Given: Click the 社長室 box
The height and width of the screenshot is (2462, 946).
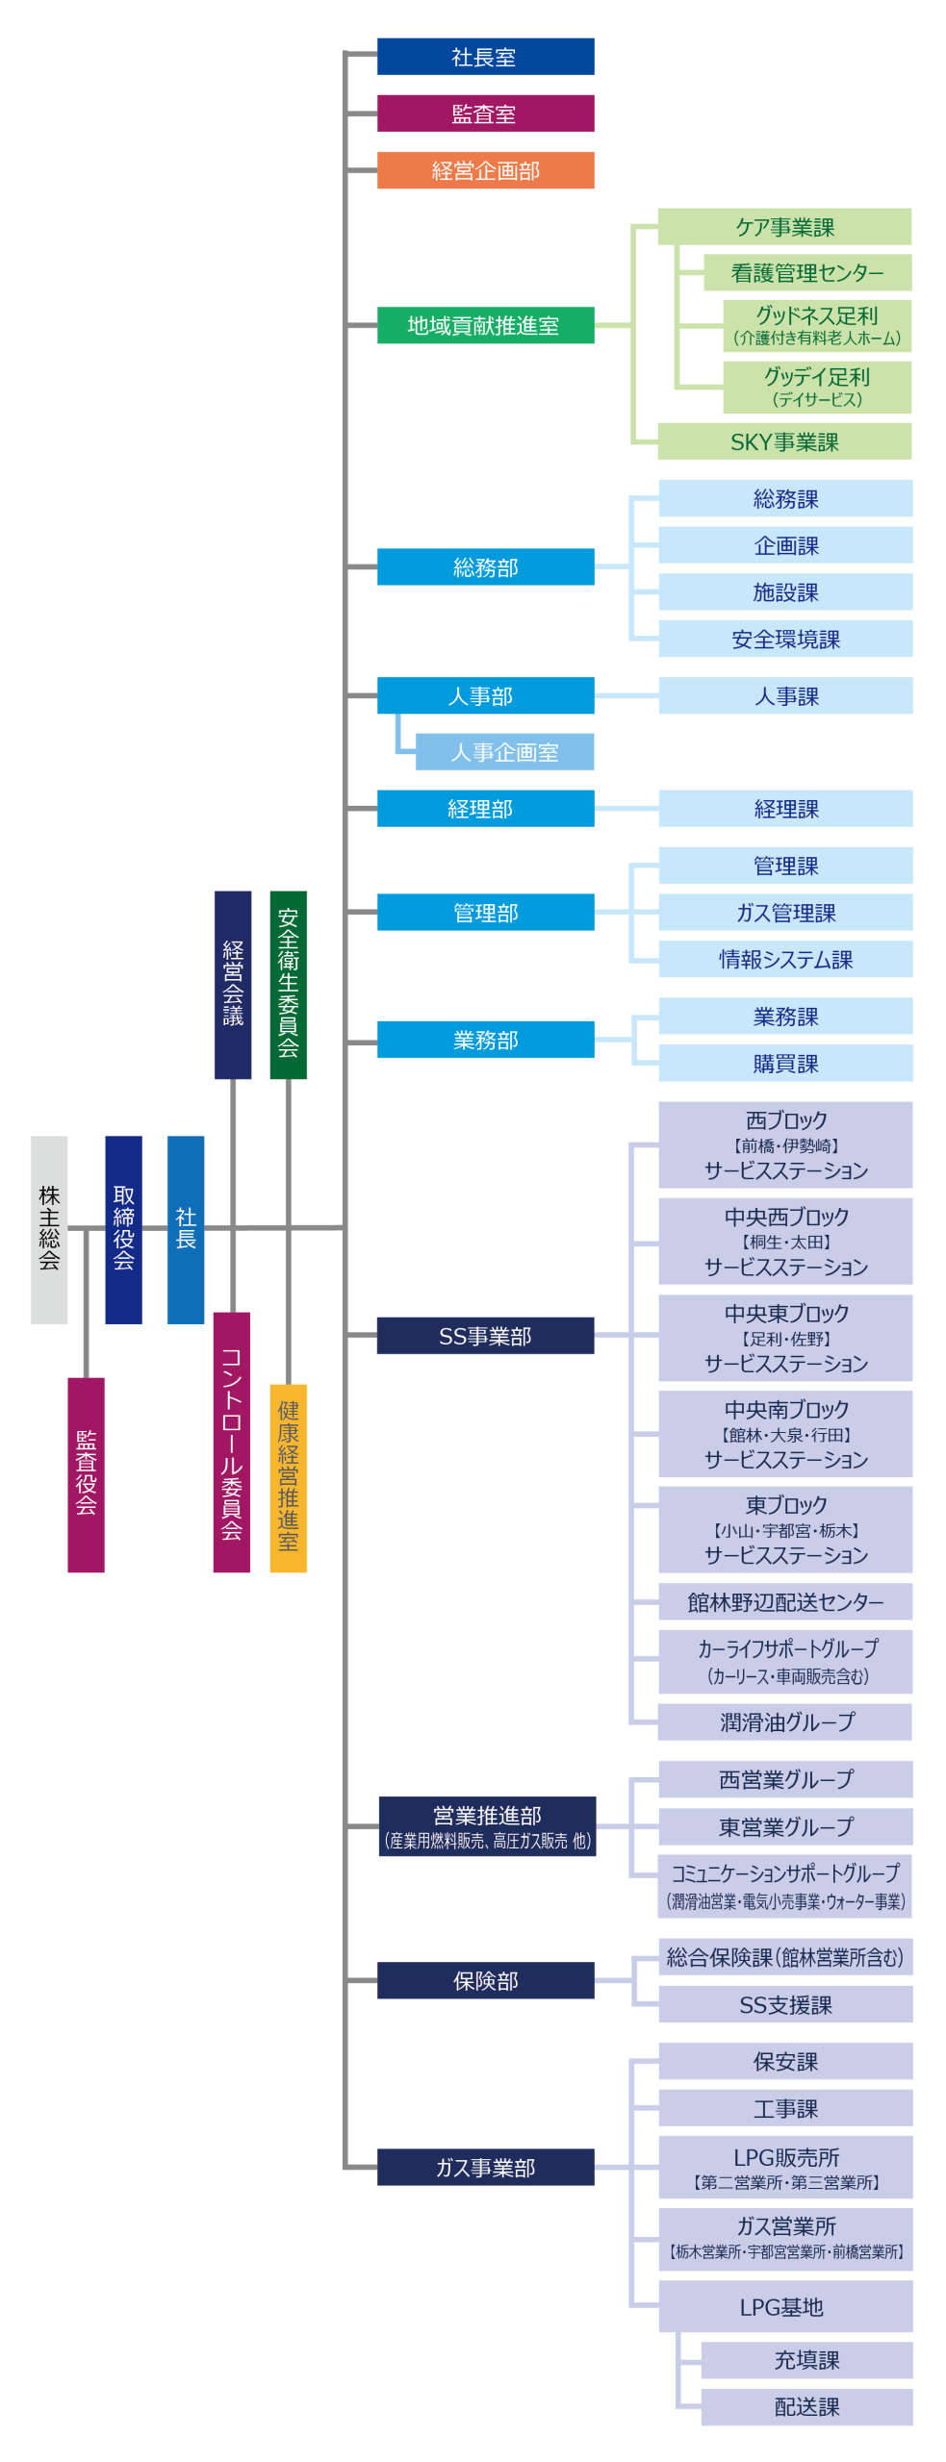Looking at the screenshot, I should point(485,57).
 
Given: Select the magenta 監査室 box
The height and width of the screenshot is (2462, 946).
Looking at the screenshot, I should point(485,113).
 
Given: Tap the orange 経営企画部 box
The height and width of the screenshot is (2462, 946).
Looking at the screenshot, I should point(485,170).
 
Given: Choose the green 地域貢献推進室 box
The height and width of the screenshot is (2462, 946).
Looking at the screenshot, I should point(485,325).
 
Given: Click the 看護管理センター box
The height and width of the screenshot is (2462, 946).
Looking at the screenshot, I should point(806,273).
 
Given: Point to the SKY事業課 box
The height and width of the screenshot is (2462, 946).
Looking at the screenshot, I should point(784,441).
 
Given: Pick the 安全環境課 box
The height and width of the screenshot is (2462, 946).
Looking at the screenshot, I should point(785,639).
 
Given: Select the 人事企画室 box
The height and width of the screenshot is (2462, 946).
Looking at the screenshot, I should point(504,752).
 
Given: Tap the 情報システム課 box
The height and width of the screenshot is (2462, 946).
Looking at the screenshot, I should point(785,959).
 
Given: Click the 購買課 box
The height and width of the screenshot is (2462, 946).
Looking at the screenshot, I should point(785,1064).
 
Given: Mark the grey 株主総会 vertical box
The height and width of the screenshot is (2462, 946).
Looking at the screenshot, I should point(49,1229).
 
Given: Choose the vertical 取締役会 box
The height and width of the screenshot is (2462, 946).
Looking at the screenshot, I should point(123,1229).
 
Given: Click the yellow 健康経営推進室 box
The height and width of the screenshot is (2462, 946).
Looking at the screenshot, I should point(288,1477).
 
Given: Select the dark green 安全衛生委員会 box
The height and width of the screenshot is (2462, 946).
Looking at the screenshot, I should point(288,984).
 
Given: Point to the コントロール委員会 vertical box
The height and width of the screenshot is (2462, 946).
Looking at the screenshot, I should point(232,1441).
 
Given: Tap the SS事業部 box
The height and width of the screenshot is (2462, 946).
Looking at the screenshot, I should point(485,1336).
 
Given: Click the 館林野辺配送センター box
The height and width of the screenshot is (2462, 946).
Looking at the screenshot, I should point(785,1602).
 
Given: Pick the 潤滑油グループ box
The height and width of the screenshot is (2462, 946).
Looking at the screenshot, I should point(785,1722).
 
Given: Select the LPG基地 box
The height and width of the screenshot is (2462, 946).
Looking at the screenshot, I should point(785,2307).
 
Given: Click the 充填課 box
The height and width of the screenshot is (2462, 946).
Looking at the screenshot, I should point(806,2360).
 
